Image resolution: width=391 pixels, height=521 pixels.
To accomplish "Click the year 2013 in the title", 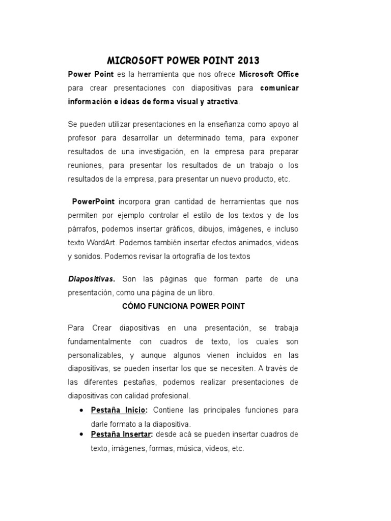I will pos(248,61).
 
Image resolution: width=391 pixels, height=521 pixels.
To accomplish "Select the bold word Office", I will pos(286,74).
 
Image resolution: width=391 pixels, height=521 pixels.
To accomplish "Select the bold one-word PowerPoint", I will pos(93,202).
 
